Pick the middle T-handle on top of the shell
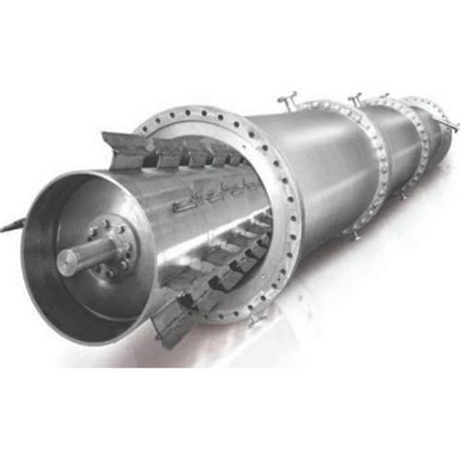356,97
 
